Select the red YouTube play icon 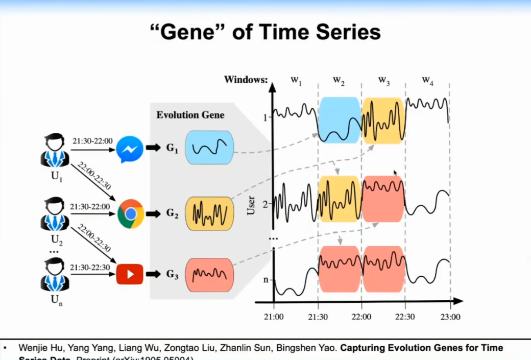pyautogui.click(x=130, y=274)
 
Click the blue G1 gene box pyautogui.click(x=209, y=148)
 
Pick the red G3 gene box pyautogui.click(x=209, y=275)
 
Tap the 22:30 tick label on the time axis pyautogui.click(x=405, y=317)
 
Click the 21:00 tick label pyautogui.click(x=274, y=317)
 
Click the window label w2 pyautogui.click(x=339, y=80)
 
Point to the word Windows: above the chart pyautogui.click(x=246, y=80)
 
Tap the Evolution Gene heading pyautogui.click(x=190, y=115)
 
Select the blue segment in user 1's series pyautogui.click(x=340, y=120)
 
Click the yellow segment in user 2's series pyautogui.click(x=340, y=199)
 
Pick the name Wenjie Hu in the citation pyautogui.click(x=37, y=348)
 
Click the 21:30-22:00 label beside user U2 pyautogui.click(x=90, y=206)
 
